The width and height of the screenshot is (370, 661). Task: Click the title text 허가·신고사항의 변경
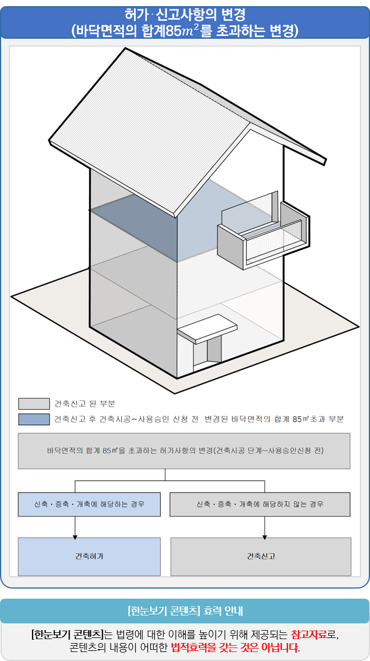coord(185,13)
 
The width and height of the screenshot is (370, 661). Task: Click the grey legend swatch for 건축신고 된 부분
coord(34,404)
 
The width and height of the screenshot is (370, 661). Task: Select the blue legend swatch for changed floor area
coord(34,419)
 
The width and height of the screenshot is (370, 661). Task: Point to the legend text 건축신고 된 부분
coord(85,404)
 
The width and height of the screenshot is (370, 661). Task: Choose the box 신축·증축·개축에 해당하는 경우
coord(90,504)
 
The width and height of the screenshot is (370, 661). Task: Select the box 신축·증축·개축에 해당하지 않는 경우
coord(260,504)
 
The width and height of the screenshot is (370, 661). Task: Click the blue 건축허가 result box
coord(90,557)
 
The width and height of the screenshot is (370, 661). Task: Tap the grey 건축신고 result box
coord(261,557)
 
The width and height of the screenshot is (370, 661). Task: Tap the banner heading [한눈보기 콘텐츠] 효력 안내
coord(185,610)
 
